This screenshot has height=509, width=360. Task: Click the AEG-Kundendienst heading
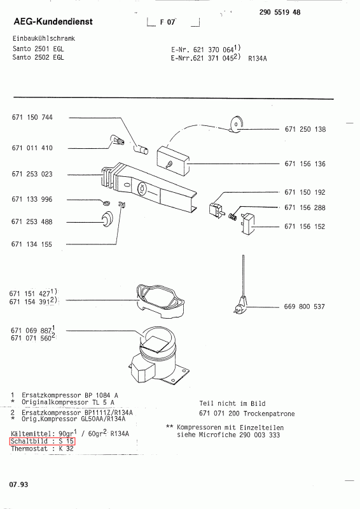(x=53, y=22)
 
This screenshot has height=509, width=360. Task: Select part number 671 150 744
(x=32, y=117)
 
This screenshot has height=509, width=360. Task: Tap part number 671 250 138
(x=305, y=129)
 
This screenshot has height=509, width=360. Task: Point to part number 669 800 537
(x=304, y=307)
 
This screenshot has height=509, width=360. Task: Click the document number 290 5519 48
(x=280, y=12)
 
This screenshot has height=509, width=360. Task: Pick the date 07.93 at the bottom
(x=19, y=485)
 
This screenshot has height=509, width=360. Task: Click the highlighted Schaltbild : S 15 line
(x=42, y=441)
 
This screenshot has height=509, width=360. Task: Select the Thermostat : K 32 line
(x=42, y=449)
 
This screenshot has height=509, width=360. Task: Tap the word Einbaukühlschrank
(x=44, y=38)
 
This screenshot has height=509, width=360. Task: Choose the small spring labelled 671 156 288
(x=233, y=215)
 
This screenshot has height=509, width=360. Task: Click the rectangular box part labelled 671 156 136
(x=174, y=161)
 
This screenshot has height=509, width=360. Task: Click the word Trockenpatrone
(x=269, y=414)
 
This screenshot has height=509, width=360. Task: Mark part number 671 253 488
(x=32, y=221)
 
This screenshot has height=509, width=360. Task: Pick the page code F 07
(x=167, y=22)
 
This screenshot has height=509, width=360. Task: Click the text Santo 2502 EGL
(x=38, y=57)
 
